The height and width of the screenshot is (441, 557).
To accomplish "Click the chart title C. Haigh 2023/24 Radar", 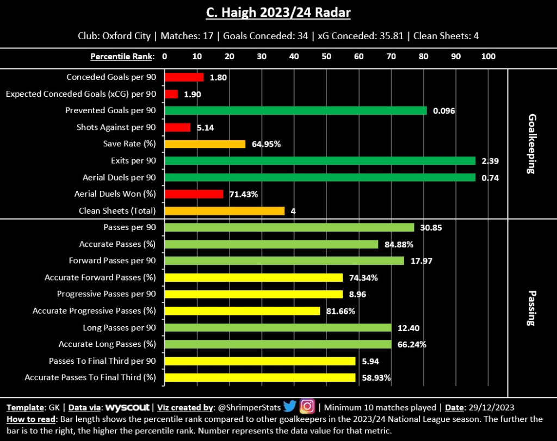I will coord(278,13).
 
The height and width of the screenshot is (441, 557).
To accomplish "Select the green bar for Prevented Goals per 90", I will coord(295,110).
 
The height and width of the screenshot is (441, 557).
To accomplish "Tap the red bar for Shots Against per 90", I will coord(177,127).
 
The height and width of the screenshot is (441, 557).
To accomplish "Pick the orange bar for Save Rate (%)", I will coord(205,144).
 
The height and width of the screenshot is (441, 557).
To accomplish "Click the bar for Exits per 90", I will coord(320,161).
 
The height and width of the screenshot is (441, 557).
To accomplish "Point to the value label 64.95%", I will coord(266,144).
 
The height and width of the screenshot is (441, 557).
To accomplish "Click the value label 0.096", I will coord(444,111).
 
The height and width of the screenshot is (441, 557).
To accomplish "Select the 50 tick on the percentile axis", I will coord(326,57).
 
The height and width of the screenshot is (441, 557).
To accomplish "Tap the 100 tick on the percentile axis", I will coord(488,57).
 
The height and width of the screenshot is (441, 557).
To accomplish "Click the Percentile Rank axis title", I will coord(122,57).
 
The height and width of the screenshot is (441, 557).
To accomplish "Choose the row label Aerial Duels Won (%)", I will coord(115,194).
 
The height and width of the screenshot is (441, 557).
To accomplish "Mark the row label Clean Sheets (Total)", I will coord(117,211).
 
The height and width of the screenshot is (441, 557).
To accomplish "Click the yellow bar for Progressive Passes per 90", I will coord(253,294).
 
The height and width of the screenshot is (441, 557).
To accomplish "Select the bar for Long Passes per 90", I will coord(278,327).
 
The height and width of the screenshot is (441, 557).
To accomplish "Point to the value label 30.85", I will coord(430,228).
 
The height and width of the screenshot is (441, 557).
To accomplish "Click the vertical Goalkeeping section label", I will coord(531,144).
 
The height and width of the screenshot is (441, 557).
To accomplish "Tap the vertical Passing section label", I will coord(531,307).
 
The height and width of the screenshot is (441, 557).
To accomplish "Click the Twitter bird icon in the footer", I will coord(289,407).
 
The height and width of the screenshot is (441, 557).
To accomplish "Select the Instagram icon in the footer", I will coord(307,407).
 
